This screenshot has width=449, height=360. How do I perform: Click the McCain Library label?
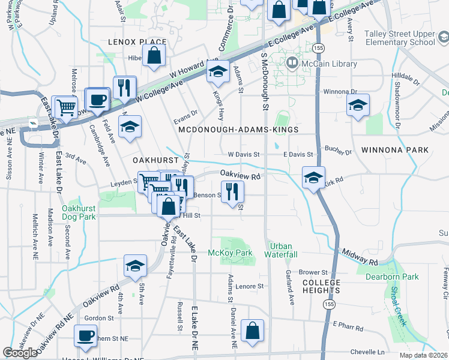(330, 64)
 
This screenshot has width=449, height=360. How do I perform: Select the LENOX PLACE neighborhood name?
(137, 42)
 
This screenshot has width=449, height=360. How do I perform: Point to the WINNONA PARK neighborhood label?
(395, 149)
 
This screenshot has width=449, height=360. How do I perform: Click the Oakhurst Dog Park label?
(79, 212)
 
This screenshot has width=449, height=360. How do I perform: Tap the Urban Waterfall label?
(284, 250)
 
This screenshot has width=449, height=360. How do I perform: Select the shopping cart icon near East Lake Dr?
(65, 107)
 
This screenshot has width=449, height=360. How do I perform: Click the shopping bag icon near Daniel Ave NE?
(253, 330)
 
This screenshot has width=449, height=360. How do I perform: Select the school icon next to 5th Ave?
(136, 265)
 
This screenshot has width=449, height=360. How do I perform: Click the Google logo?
(20, 353)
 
